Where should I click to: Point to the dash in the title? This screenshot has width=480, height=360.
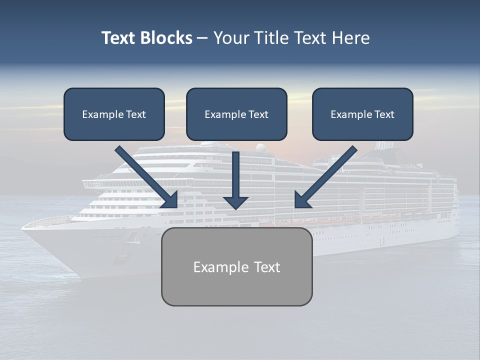click(203, 38)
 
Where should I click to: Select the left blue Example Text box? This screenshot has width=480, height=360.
click(114, 114)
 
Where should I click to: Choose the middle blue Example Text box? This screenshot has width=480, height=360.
click(236, 114)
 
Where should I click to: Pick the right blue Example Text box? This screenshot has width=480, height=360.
click(362, 114)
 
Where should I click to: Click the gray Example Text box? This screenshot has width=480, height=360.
click(236, 266)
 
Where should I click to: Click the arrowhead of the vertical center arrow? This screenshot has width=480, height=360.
click(235, 202)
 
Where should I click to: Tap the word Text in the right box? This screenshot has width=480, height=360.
click(384, 114)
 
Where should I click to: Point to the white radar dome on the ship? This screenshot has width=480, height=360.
click(261, 148)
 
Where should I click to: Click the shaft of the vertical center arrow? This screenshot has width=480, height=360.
click(235, 172)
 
